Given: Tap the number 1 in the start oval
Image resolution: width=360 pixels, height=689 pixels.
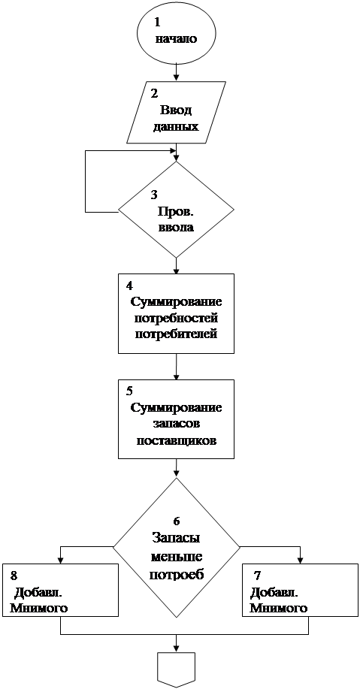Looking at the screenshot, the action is (x=157, y=22).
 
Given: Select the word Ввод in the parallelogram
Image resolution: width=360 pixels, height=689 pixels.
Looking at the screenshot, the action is (x=177, y=110).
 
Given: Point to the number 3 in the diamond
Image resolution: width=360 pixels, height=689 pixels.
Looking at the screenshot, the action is (x=154, y=194).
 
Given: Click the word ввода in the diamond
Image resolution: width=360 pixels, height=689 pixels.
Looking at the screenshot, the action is (x=177, y=228).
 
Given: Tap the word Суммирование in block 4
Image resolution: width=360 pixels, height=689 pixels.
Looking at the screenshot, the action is (x=175, y=302).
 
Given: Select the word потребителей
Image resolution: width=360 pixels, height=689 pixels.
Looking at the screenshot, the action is (x=177, y=334).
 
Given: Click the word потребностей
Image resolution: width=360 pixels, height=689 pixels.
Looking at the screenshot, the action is (x=177, y=318).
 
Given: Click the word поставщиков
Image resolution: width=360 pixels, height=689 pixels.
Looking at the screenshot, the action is (x=177, y=441).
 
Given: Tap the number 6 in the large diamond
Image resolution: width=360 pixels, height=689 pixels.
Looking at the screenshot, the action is (x=177, y=521).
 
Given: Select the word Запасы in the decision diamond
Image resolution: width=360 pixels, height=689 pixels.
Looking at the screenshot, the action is (x=176, y=538).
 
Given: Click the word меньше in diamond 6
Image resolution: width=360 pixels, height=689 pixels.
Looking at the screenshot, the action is (x=176, y=558).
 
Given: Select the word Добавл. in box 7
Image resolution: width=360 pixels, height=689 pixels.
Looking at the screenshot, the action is (x=275, y=592).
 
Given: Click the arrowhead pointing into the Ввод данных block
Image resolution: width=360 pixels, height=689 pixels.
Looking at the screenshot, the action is (x=177, y=77).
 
